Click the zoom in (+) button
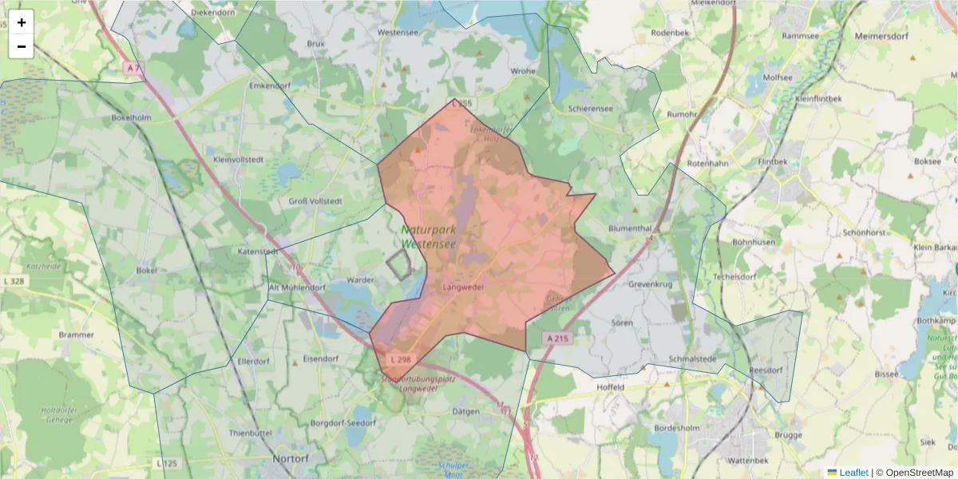(22, 22)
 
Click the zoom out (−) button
(22, 46)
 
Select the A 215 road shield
(558, 339)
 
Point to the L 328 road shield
(14, 282)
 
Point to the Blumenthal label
(631, 228)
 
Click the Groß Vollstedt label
(315, 201)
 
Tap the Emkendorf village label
(270, 85)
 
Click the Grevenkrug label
(651, 283)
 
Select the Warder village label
(361, 280)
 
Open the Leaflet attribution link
(853, 473)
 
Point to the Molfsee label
(778, 77)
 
